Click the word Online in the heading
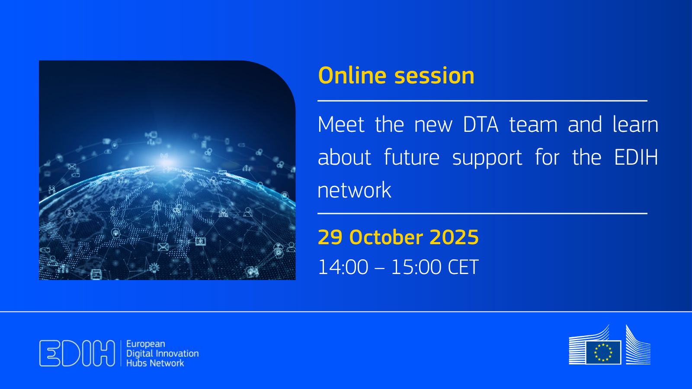(x=352, y=76)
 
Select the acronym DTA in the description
(x=481, y=125)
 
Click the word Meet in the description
(x=341, y=125)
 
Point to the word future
(x=411, y=157)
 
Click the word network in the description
(x=354, y=190)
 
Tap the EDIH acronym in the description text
(x=636, y=157)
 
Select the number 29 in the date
(x=330, y=237)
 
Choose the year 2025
(x=454, y=237)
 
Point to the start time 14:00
(x=343, y=267)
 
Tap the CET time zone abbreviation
(x=463, y=267)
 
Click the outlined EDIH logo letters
(x=77, y=353)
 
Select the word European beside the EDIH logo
(x=145, y=344)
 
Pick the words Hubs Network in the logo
(x=155, y=363)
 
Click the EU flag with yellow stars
(x=603, y=352)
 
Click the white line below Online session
(x=482, y=100)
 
